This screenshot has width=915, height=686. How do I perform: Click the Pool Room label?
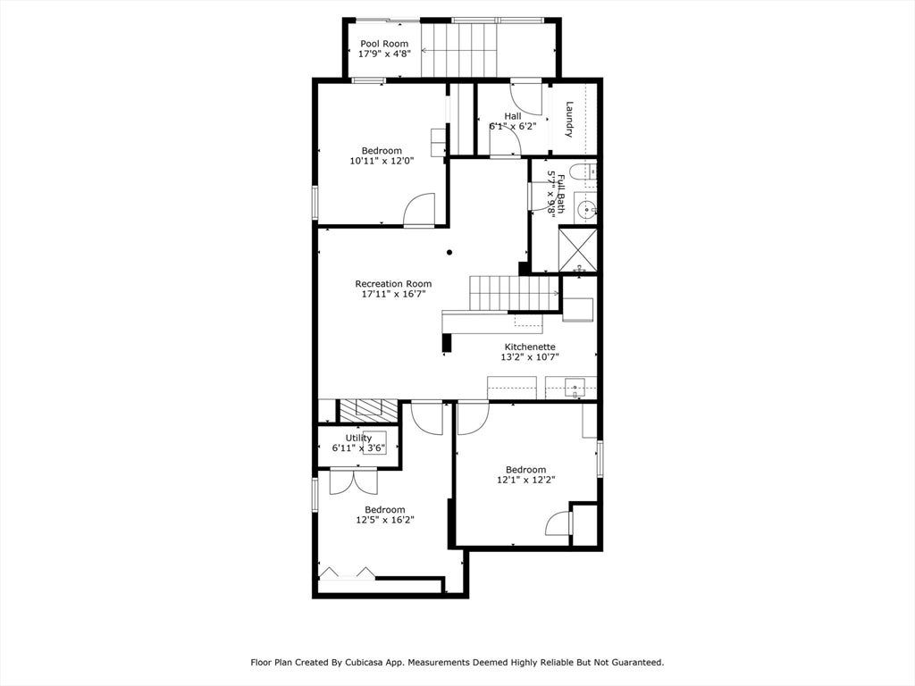point(384,44)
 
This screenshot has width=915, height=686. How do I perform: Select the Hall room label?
point(513,116)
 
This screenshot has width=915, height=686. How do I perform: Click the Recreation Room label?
point(393,284)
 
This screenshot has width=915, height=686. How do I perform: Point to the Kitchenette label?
point(530,347)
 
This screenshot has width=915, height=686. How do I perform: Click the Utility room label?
point(358,438)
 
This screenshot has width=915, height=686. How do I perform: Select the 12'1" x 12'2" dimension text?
point(525,480)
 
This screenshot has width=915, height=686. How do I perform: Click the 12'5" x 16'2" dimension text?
point(385,520)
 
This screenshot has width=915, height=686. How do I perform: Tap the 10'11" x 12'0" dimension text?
point(382,161)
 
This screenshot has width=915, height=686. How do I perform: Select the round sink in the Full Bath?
point(585,207)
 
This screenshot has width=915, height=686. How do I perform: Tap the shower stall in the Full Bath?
point(578,250)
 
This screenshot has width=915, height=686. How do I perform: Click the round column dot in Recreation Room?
point(449,253)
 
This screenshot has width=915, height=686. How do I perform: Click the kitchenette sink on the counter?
point(575,388)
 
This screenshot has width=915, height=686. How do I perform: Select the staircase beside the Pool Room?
point(459,50)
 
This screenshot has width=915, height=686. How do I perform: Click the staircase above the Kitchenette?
point(515,293)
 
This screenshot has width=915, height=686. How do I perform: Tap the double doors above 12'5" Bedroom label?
point(354,481)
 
